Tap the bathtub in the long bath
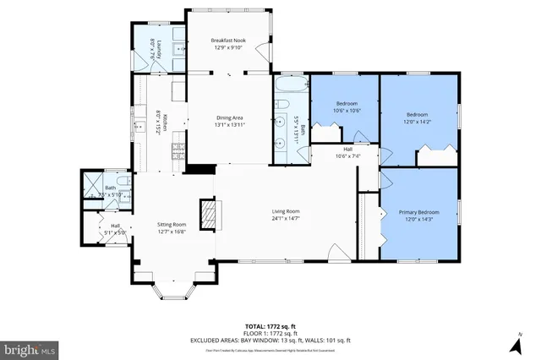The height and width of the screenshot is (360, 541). coord(290,88)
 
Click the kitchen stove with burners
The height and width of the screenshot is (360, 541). coord(178,152)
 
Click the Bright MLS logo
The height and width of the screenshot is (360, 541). coord(30,347)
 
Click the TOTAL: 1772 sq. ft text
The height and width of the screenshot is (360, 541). coord(271,325)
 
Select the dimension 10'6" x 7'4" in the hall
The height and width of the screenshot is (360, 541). coord(347,156)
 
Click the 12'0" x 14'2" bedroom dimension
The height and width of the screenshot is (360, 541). coord(418,121)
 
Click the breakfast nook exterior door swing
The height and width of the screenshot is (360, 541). coord(269,52)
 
